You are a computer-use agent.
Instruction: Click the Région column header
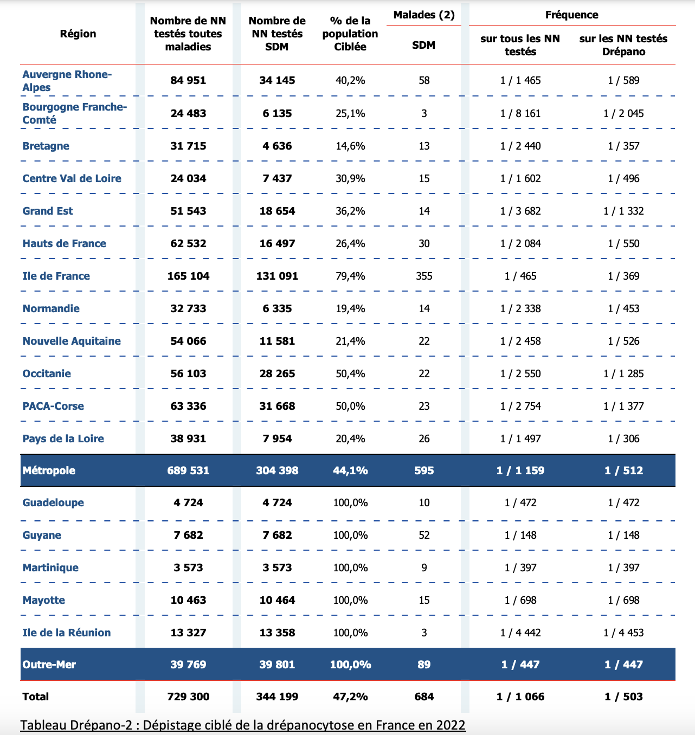(x=78, y=34)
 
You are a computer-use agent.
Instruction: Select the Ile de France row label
(x=56, y=276)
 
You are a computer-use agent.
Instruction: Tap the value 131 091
(x=277, y=276)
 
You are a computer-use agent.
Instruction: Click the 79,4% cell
(x=350, y=276)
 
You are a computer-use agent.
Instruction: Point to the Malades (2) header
(x=424, y=15)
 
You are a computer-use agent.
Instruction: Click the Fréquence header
(x=571, y=15)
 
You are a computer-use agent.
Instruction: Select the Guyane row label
(x=42, y=535)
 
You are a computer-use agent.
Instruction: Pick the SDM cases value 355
(x=424, y=276)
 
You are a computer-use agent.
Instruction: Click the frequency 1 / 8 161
(x=520, y=113)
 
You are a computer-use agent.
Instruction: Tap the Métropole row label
(x=49, y=470)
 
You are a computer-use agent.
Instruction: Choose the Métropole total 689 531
(x=188, y=470)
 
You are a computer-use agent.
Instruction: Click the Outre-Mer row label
(x=49, y=665)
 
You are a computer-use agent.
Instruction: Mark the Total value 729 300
(x=188, y=697)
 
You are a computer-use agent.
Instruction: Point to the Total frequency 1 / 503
(x=623, y=697)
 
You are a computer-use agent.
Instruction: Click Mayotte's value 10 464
(x=277, y=600)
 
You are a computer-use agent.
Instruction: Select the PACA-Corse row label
(x=53, y=406)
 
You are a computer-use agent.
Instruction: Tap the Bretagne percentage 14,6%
(x=350, y=146)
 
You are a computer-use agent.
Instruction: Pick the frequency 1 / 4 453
(x=623, y=633)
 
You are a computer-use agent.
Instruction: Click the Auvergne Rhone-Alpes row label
(x=67, y=81)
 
